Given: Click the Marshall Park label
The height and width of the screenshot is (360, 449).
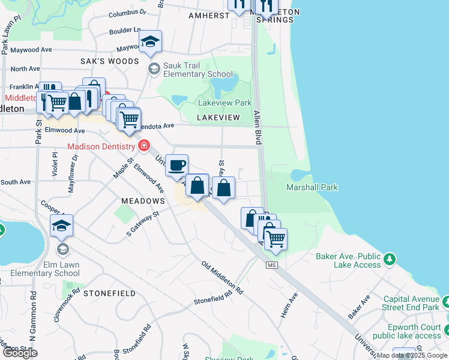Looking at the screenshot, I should (312, 187).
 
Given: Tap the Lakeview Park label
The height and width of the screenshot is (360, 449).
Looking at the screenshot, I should (224, 103).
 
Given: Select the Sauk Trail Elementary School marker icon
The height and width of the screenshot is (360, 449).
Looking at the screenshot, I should (154, 69).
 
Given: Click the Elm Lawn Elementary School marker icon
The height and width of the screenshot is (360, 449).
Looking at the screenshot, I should (62, 248).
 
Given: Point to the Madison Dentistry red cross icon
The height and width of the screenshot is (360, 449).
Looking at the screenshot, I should (143, 146).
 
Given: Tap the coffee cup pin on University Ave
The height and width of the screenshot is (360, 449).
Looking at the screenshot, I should (176, 165).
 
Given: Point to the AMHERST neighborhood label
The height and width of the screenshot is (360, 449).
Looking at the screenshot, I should (209, 15).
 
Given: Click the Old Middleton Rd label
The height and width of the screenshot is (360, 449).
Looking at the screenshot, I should (222, 278).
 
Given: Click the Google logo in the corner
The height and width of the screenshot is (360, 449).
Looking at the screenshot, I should (20, 353).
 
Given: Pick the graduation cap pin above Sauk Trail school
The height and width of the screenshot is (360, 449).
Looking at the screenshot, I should (151, 41).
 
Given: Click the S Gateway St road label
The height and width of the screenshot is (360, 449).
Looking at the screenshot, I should (142, 223).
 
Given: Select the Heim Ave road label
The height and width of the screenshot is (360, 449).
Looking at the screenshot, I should (289, 305).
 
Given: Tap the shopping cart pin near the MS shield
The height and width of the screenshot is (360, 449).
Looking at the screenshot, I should (276, 239).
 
